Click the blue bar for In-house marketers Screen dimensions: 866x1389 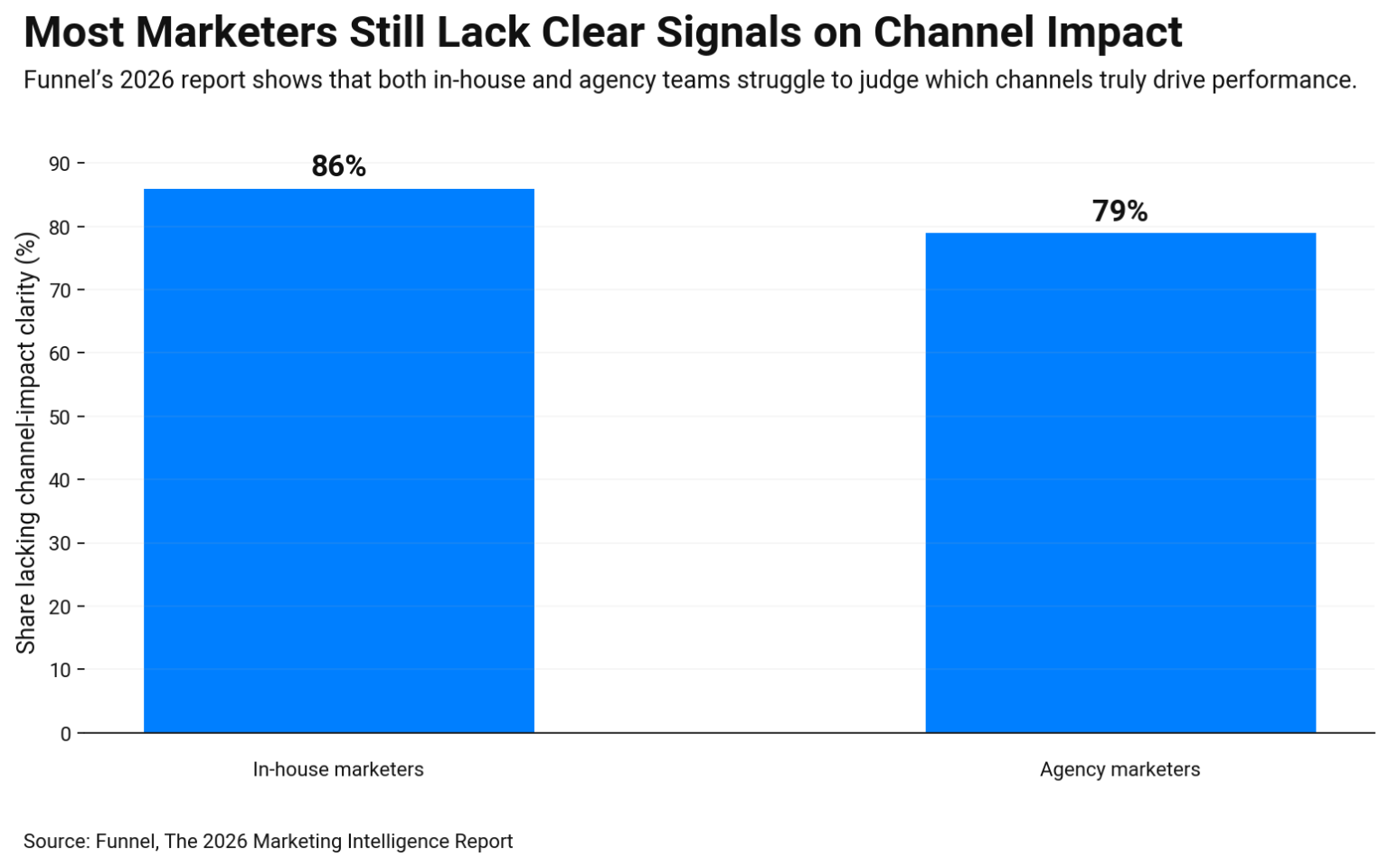tap(339, 460)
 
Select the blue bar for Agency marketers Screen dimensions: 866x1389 tap(1120, 483)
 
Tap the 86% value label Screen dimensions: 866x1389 tap(339, 166)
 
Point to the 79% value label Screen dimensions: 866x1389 tap(1120, 212)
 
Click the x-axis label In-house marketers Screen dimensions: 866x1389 tap(338, 769)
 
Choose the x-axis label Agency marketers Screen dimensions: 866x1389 tap(1120, 769)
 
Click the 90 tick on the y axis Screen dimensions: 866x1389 tap(60, 164)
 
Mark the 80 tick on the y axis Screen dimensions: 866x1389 tap(60, 227)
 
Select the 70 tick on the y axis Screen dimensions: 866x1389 tap(60, 290)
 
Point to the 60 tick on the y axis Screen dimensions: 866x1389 tap(60, 353)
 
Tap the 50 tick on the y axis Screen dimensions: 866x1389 tap(60, 417)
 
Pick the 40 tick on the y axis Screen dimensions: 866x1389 tap(60, 480)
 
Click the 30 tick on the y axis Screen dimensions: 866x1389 tap(60, 543)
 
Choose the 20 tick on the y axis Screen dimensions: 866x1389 tap(60, 607)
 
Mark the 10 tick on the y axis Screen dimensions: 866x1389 tap(60, 670)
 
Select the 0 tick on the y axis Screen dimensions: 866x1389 tap(65, 734)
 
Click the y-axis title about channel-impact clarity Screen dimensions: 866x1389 tap(26, 443)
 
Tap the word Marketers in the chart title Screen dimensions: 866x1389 tap(237, 33)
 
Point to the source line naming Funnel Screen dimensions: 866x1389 tap(268, 842)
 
